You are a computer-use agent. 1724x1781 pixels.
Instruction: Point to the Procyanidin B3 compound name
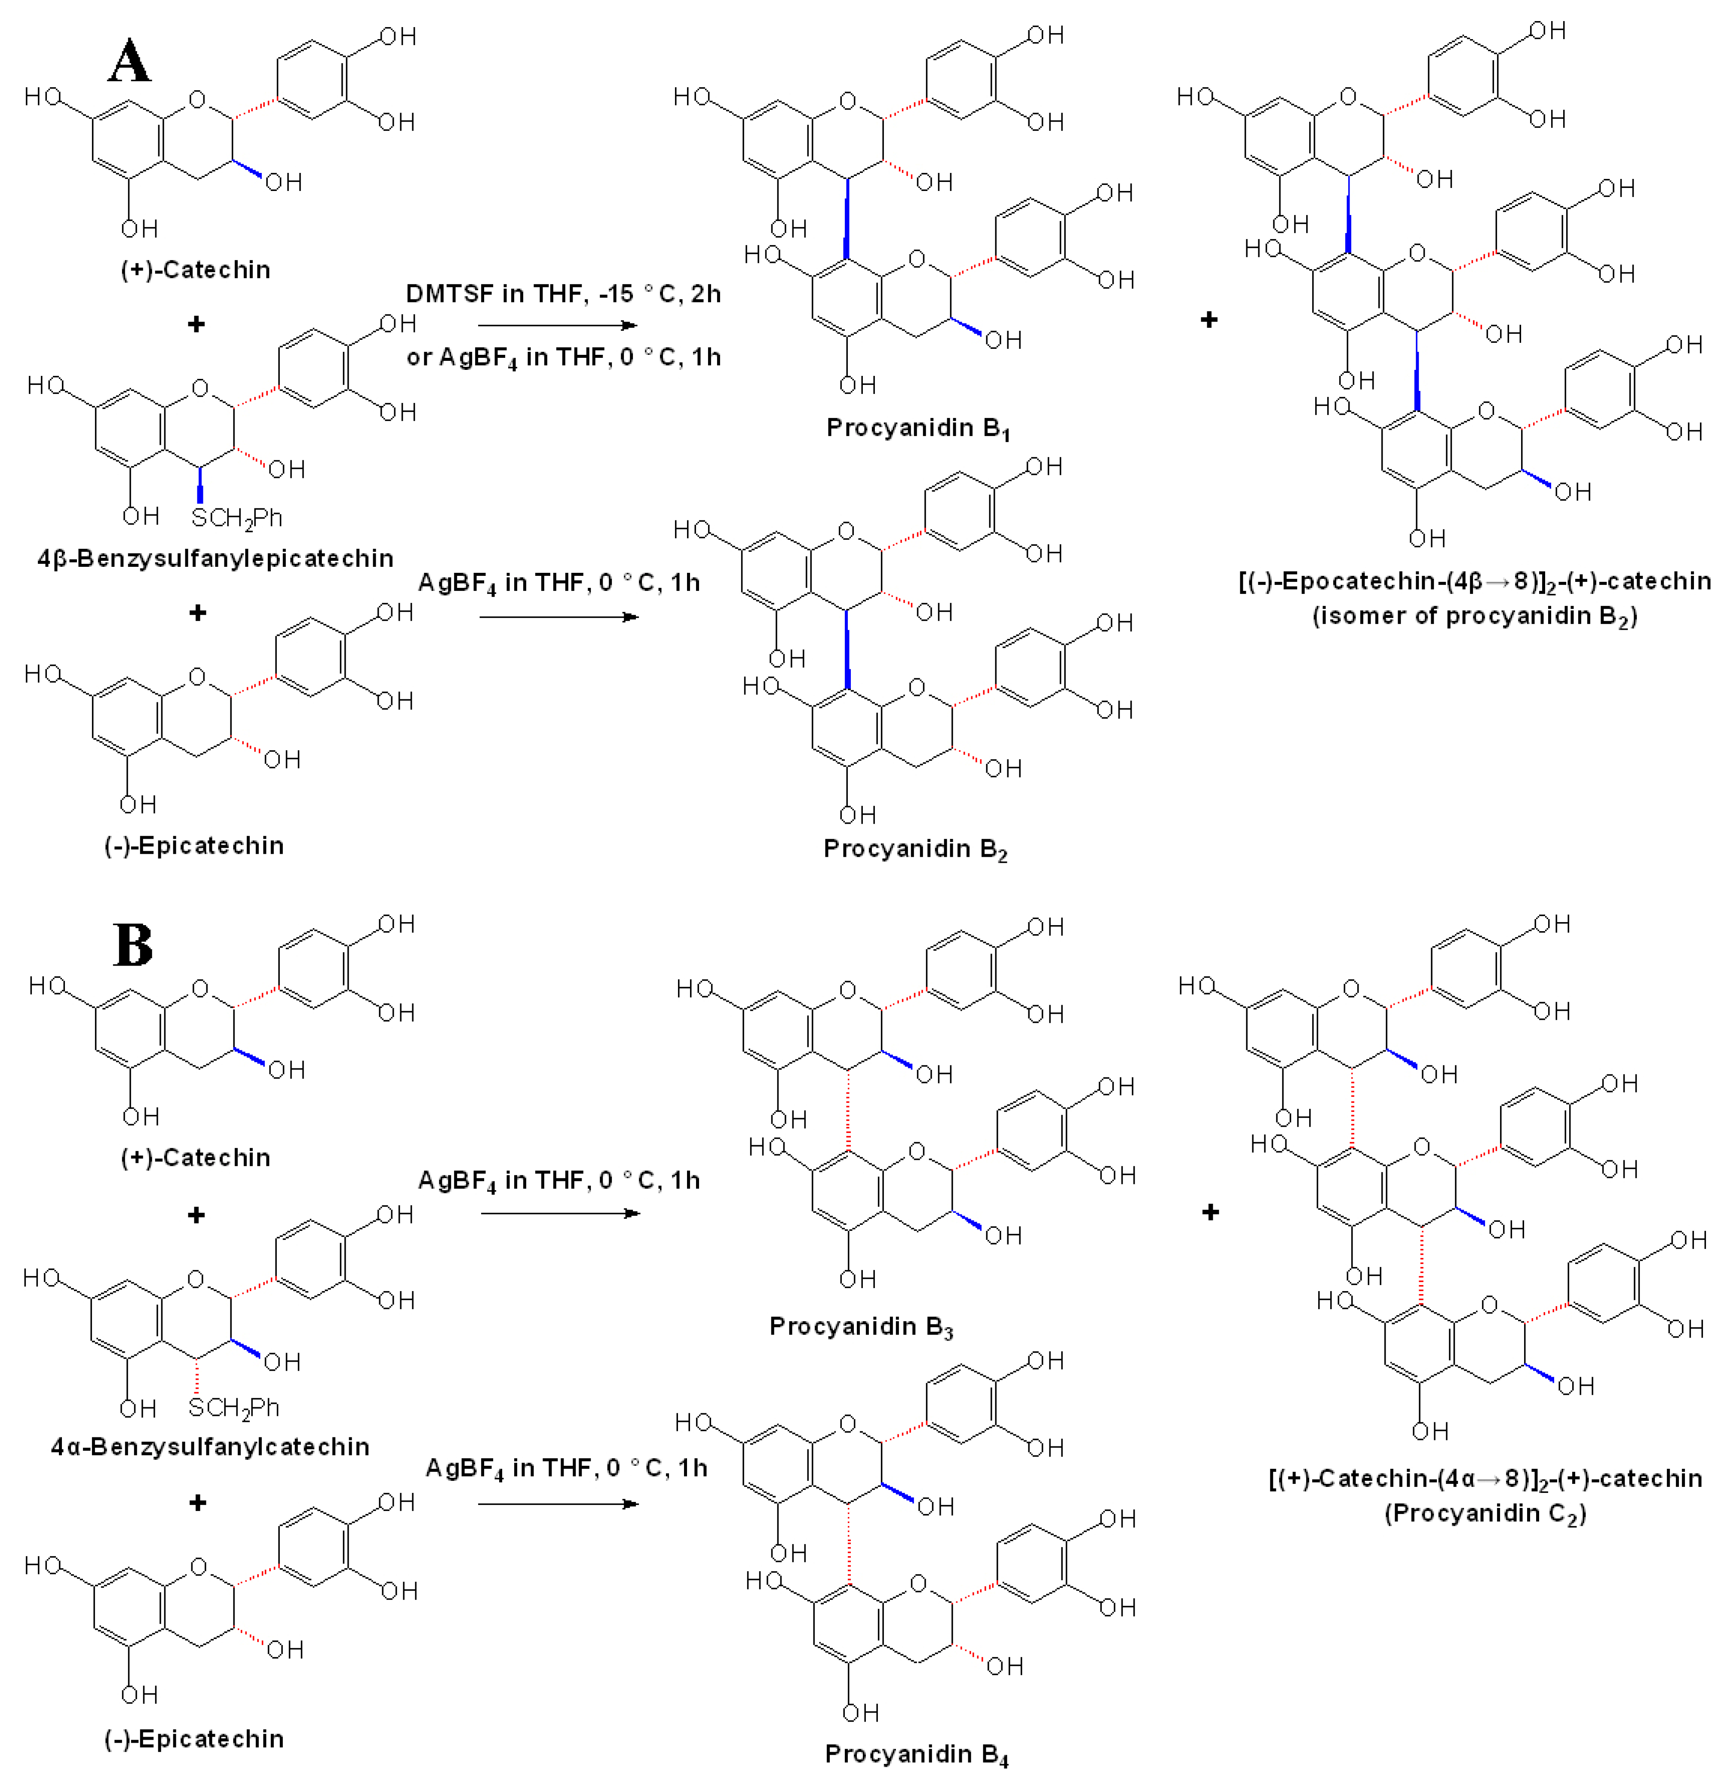point(860,1327)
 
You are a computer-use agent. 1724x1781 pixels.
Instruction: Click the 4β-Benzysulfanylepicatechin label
point(215,558)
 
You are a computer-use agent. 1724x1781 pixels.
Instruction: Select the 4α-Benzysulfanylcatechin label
point(210,1447)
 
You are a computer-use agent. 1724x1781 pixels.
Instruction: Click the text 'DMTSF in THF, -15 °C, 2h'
point(563,293)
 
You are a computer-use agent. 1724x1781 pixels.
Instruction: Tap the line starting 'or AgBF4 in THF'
point(563,357)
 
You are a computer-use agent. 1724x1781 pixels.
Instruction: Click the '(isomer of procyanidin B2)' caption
point(1474,616)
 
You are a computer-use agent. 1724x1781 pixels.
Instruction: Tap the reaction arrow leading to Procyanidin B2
point(558,617)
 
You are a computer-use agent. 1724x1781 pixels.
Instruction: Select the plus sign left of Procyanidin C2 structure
point(1210,1212)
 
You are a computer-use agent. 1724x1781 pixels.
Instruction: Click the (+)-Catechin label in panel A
point(195,270)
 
